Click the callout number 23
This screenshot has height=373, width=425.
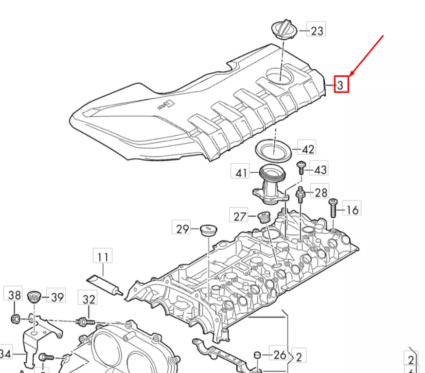[317, 31]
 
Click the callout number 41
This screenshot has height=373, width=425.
[242, 172]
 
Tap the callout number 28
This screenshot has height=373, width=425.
[320, 193]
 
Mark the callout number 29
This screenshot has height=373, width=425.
[182, 228]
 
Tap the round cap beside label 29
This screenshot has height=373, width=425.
[208, 229]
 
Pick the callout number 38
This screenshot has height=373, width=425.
[14, 295]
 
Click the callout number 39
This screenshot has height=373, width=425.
[57, 297]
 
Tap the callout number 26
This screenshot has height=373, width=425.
[279, 355]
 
